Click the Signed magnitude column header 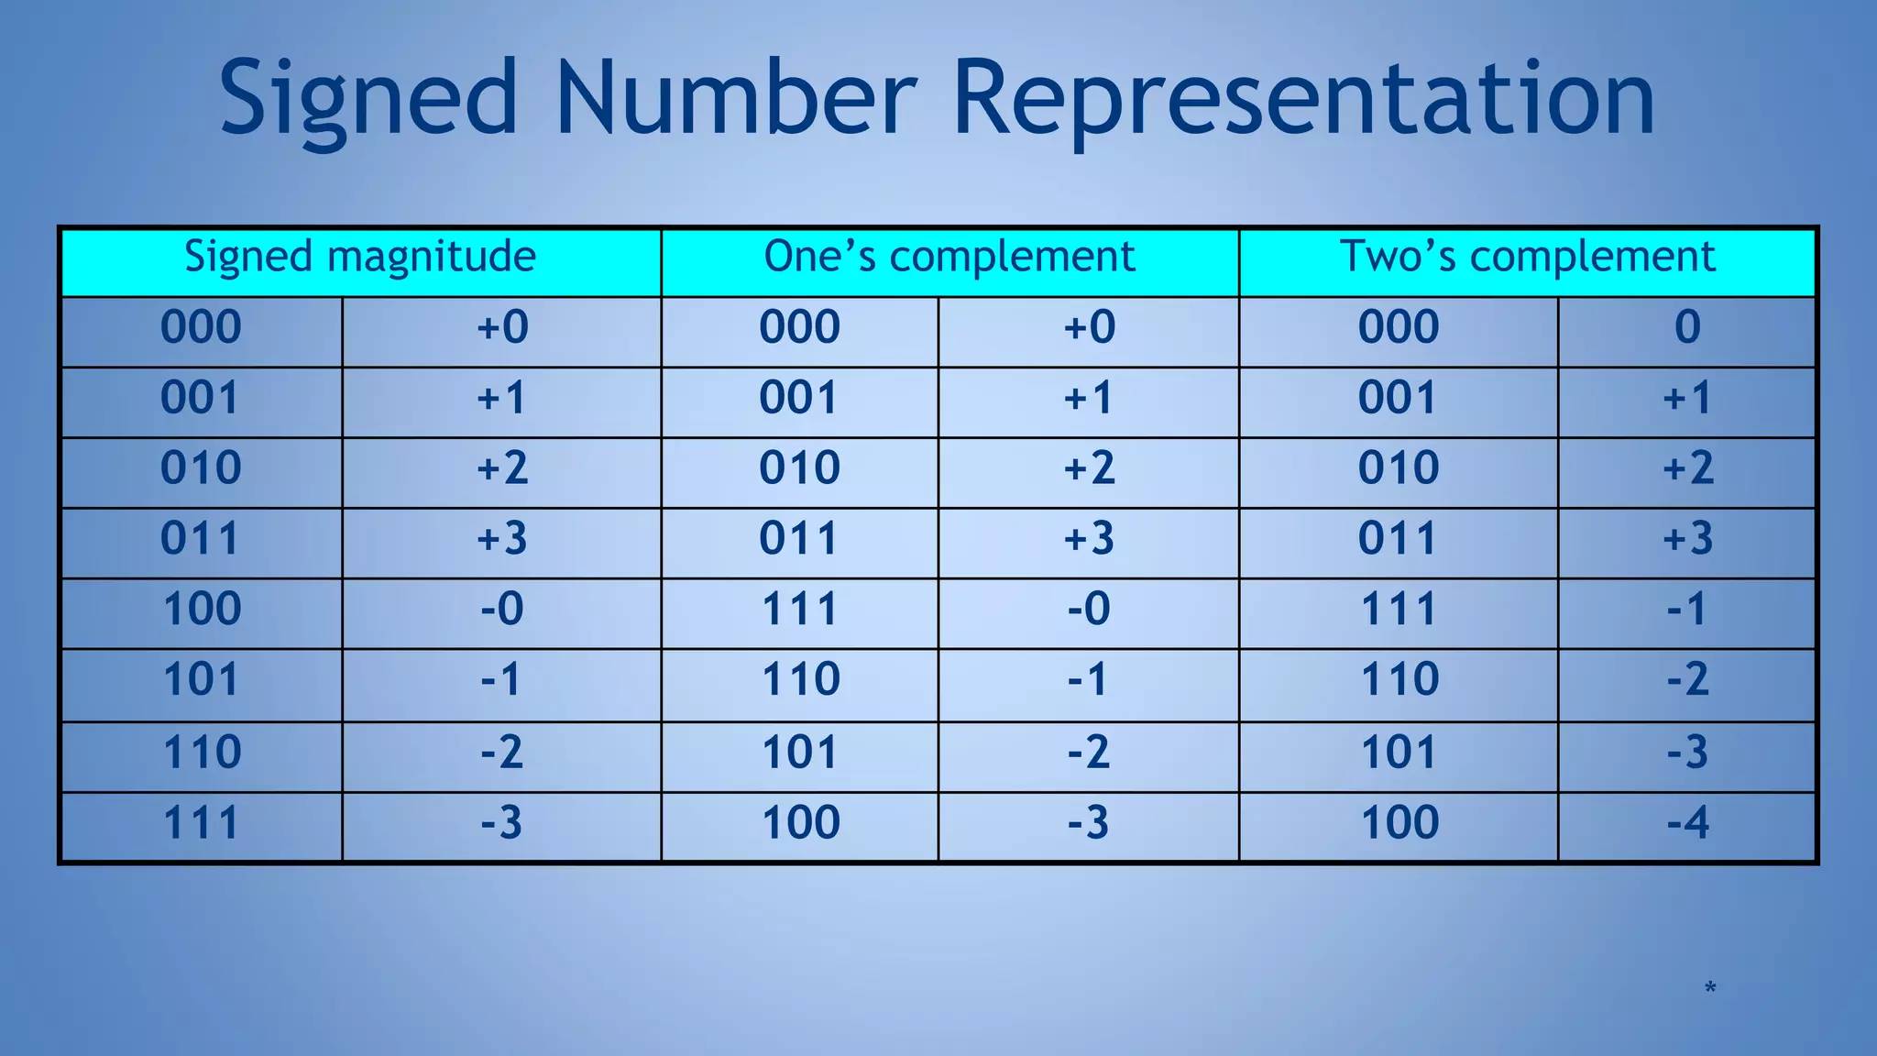(x=360, y=257)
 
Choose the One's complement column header (x=949, y=257)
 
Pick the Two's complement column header (x=1527, y=257)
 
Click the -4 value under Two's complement (x=1687, y=822)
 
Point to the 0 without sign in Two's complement (x=1687, y=327)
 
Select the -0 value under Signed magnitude (x=502, y=609)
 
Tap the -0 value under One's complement (x=1089, y=609)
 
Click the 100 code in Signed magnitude (x=202, y=609)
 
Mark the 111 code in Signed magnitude (x=202, y=822)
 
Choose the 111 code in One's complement (x=800, y=609)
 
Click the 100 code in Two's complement (x=1400, y=822)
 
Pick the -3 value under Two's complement (x=1687, y=752)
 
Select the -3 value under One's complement (x=1089, y=822)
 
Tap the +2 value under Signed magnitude (x=502, y=468)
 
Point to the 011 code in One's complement (x=799, y=538)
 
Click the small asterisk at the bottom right (x=1710, y=988)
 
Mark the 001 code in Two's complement (x=1398, y=398)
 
